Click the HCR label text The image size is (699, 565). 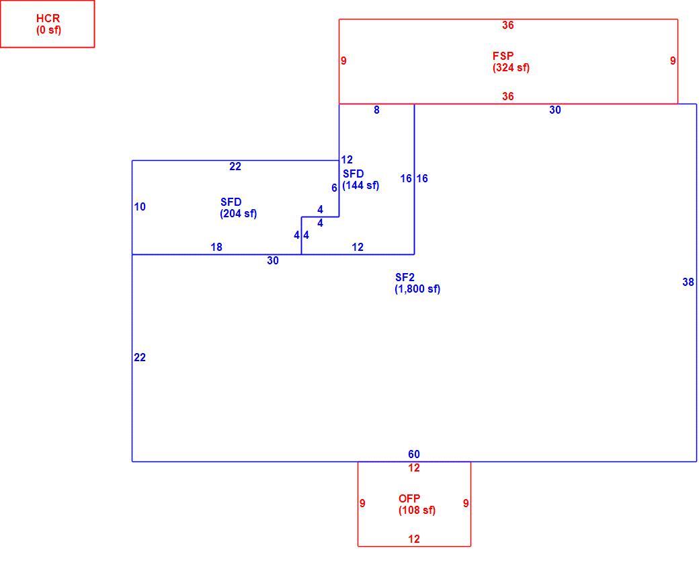(x=48, y=19)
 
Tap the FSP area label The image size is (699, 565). (x=503, y=57)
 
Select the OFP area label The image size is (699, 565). (x=409, y=498)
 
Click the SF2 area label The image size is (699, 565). (x=405, y=278)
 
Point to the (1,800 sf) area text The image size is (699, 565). (x=417, y=289)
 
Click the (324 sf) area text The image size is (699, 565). (x=511, y=68)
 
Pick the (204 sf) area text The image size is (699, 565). (x=239, y=214)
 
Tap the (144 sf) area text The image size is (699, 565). (x=361, y=185)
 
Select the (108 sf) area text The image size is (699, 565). (x=417, y=510)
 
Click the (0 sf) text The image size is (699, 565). (x=48, y=30)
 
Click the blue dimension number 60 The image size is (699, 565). (x=414, y=454)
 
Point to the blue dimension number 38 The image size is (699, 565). (x=688, y=282)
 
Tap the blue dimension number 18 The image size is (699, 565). (x=216, y=248)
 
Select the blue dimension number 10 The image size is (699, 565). (x=140, y=207)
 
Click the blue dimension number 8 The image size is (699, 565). (x=376, y=110)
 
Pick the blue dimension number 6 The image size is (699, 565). (x=334, y=188)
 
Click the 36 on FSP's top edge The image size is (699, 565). (x=507, y=26)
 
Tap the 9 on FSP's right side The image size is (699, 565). (x=673, y=61)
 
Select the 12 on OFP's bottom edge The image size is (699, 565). (x=414, y=539)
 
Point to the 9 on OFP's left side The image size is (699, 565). (x=362, y=503)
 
